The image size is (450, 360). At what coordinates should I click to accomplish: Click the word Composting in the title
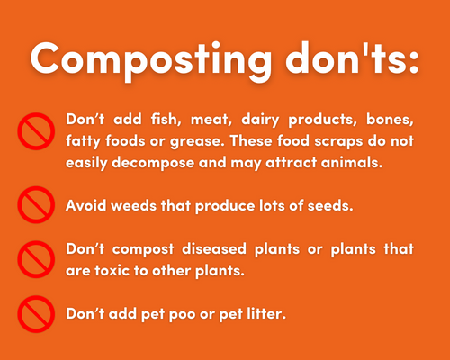pos(151,61)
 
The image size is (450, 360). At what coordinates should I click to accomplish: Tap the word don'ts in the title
pos(347,58)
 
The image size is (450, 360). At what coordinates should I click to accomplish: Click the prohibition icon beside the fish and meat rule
pos(36,131)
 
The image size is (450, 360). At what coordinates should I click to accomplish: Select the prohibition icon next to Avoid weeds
pos(36,204)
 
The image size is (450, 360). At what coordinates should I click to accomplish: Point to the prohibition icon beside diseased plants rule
pos(36,259)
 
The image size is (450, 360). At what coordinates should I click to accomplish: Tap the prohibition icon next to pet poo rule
pos(36,314)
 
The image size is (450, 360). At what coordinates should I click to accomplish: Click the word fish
pos(166,120)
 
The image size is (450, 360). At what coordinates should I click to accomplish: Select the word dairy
pos(260,121)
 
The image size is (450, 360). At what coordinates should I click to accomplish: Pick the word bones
pos(390,120)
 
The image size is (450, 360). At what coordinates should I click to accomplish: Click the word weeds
pos(134,205)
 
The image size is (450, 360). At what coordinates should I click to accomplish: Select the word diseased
pos(214,248)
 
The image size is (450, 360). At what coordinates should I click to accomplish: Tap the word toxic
pos(112,271)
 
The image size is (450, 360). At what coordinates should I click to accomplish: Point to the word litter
pos(266,313)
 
